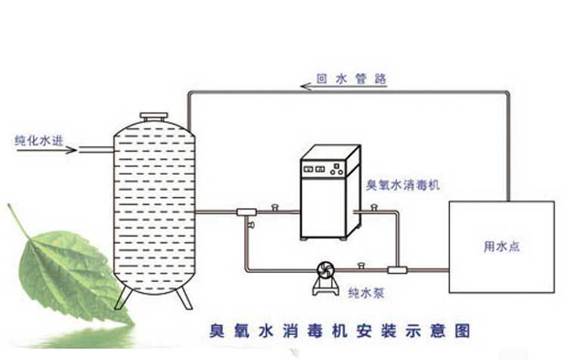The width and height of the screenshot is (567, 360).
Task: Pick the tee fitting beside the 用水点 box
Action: (397, 270)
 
